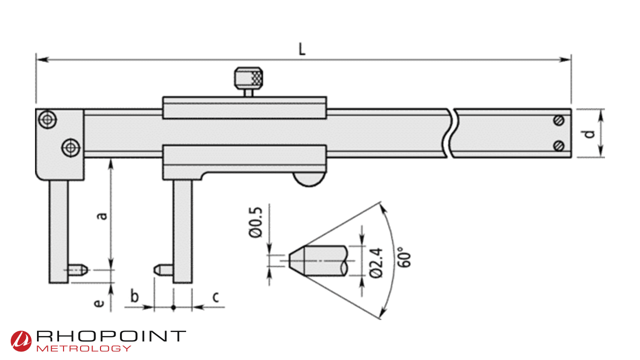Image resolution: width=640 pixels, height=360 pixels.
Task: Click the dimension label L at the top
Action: click(302, 49)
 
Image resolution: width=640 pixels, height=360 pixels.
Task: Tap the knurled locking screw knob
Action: click(248, 77)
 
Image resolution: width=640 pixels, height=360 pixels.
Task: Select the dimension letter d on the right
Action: click(590, 133)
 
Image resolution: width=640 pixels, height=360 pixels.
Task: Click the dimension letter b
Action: click(134, 296)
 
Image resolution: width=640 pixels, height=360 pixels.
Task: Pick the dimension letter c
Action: click(215, 297)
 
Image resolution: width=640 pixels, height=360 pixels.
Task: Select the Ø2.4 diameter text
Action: click(378, 261)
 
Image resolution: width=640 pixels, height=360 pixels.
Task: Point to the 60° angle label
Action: click(405, 256)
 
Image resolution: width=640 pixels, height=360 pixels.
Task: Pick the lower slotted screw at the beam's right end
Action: click(559, 145)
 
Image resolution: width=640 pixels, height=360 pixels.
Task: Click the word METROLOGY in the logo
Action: click(84, 348)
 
